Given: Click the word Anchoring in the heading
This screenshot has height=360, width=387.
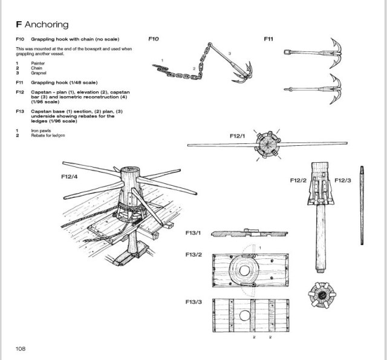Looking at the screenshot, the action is tap(47, 24).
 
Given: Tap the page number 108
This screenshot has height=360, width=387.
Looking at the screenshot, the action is tap(21, 349).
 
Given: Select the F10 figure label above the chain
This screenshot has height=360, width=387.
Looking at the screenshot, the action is tap(154, 39).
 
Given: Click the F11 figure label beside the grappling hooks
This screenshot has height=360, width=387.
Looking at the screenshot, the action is tap(268, 39).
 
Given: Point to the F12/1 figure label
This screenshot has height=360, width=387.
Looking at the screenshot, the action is tap(238, 136).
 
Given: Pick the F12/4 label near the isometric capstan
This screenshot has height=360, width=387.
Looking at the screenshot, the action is tap(70, 177).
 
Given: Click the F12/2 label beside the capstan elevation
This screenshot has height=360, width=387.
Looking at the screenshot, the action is tap(298, 180).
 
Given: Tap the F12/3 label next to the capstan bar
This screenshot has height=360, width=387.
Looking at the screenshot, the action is tap(343, 180).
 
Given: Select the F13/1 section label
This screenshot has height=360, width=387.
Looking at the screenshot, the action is tap(193, 233).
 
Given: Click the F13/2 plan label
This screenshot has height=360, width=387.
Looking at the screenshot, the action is tap(193, 255).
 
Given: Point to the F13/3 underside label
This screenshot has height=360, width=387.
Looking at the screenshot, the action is tap(193, 302).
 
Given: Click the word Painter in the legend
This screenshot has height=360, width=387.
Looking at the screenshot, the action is tap(37, 63).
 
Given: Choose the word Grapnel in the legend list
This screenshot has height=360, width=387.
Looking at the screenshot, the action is tap(39, 73).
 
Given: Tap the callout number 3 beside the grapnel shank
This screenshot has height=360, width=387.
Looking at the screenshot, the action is tap(230, 53).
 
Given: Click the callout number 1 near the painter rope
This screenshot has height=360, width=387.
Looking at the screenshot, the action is tap(162, 61).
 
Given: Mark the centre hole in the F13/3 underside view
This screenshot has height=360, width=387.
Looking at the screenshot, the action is tap(244, 316).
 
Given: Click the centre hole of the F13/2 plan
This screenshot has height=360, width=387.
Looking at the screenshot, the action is tap(244, 270).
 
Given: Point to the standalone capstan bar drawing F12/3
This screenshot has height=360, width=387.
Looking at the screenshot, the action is tap(362, 206).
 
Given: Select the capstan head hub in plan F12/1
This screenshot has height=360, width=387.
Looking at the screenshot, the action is tap(267, 145).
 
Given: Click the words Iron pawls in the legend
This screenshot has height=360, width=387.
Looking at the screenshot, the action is tap(41, 131).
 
